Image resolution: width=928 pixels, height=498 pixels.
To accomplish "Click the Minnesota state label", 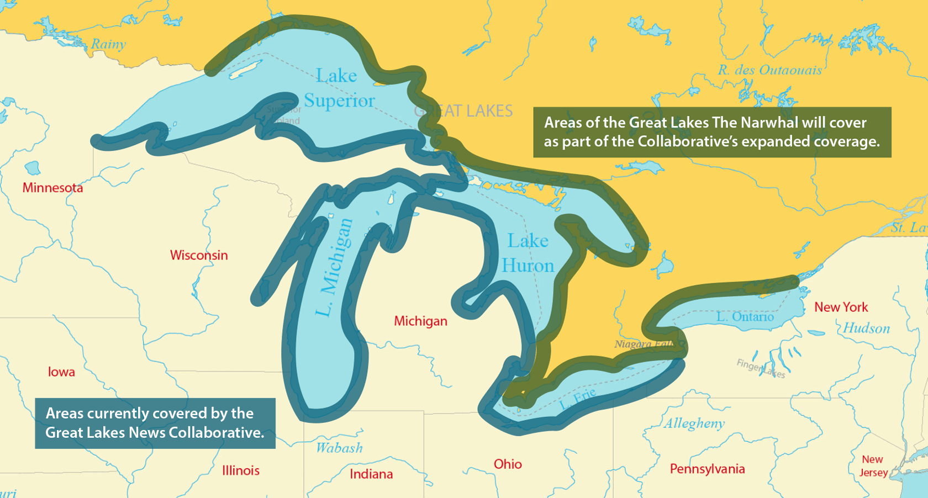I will pyautogui.click(x=52, y=188).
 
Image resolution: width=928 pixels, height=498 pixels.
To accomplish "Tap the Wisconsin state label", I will pyautogui.click(x=199, y=255).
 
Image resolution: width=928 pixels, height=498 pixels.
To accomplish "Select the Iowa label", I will pyautogui.click(x=61, y=372).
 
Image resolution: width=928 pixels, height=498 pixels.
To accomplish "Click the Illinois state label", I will pyautogui.click(x=241, y=470).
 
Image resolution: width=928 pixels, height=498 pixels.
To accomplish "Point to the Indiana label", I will pyautogui.click(x=371, y=474).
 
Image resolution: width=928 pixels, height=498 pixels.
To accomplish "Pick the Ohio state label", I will pyautogui.click(x=508, y=464).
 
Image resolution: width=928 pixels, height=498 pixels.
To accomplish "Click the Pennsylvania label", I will pyautogui.click(x=707, y=469).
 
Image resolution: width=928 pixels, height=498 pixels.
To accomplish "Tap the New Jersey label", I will pyautogui.click(x=873, y=466).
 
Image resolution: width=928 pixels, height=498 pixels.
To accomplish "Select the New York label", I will pyautogui.click(x=841, y=307).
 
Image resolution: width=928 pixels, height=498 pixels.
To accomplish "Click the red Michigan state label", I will pyautogui.click(x=420, y=321).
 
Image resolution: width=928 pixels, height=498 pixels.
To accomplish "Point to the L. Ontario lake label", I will pyautogui.click(x=745, y=317).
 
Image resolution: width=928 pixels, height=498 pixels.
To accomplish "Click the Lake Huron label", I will pyautogui.click(x=528, y=253).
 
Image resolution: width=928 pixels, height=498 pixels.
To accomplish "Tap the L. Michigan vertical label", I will pyautogui.click(x=334, y=268).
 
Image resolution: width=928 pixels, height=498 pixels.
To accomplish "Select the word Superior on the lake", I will pyautogui.click(x=339, y=100).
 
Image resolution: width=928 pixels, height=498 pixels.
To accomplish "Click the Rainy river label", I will pyautogui.click(x=108, y=44).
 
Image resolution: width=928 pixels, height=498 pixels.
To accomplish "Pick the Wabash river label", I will pyautogui.click(x=339, y=447).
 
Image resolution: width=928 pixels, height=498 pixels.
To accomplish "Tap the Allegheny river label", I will pyautogui.click(x=694, y=423).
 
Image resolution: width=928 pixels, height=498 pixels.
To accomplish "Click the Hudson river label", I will pyautogui.click(x=866, y=329).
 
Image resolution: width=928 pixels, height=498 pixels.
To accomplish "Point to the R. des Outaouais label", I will pyautogui.click(x=769, y=70).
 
